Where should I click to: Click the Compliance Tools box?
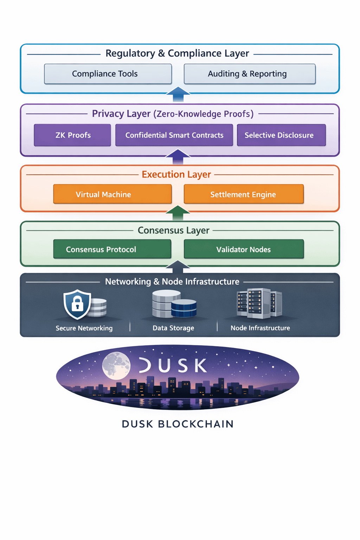click(108, 74)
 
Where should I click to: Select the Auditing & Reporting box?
click(250, 74)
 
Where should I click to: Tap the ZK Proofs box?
click(72, 135)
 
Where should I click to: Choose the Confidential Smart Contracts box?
click(174, 135)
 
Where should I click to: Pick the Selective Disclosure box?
click(281, 135)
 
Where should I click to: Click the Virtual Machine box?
click(112, 194)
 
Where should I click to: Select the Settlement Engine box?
click(244, 194)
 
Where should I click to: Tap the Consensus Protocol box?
click(112, 249)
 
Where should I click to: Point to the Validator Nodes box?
click(244, 249)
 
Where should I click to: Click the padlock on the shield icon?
click(77, 303)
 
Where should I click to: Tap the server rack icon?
click(259, 303)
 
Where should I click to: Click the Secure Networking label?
click(84, 328)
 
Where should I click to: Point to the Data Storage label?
click(173, 328)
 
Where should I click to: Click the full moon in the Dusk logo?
click(116, 366)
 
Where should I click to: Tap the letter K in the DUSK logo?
click(200, 366)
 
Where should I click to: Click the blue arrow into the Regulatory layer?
click(178, 94)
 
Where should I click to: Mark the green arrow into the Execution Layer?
click(178, 212)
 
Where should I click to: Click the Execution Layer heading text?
click(176, 174)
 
